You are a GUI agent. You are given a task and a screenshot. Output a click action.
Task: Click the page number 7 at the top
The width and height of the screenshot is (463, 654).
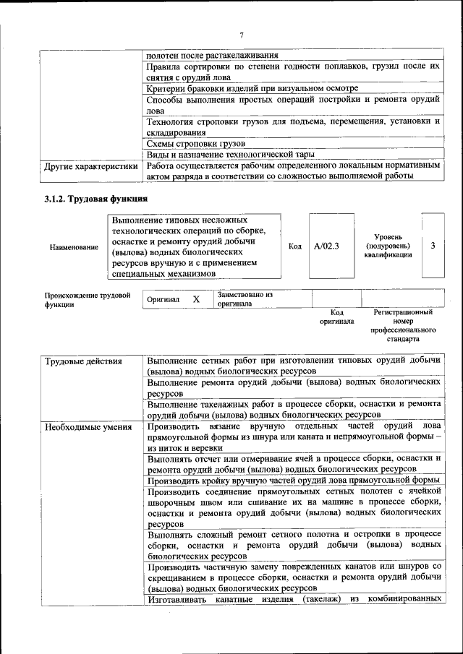click(242, 35)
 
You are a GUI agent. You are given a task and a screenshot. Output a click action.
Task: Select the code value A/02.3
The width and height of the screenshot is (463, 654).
click(326, 246)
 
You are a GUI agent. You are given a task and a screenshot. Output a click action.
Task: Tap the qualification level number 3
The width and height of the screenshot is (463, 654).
click(433, 246)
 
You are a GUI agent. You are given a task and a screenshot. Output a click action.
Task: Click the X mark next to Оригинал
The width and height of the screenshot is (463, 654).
click(195, 299)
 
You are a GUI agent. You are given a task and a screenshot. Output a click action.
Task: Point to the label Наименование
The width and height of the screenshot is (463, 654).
click(74, 247)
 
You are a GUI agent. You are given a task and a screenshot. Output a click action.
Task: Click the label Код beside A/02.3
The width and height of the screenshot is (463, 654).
click(295, 246)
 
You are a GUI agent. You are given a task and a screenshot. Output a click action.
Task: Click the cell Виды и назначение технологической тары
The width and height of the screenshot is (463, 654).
click(230, 154)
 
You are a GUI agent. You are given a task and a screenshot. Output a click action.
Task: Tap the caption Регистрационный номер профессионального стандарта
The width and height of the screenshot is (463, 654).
click(403, 325)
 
